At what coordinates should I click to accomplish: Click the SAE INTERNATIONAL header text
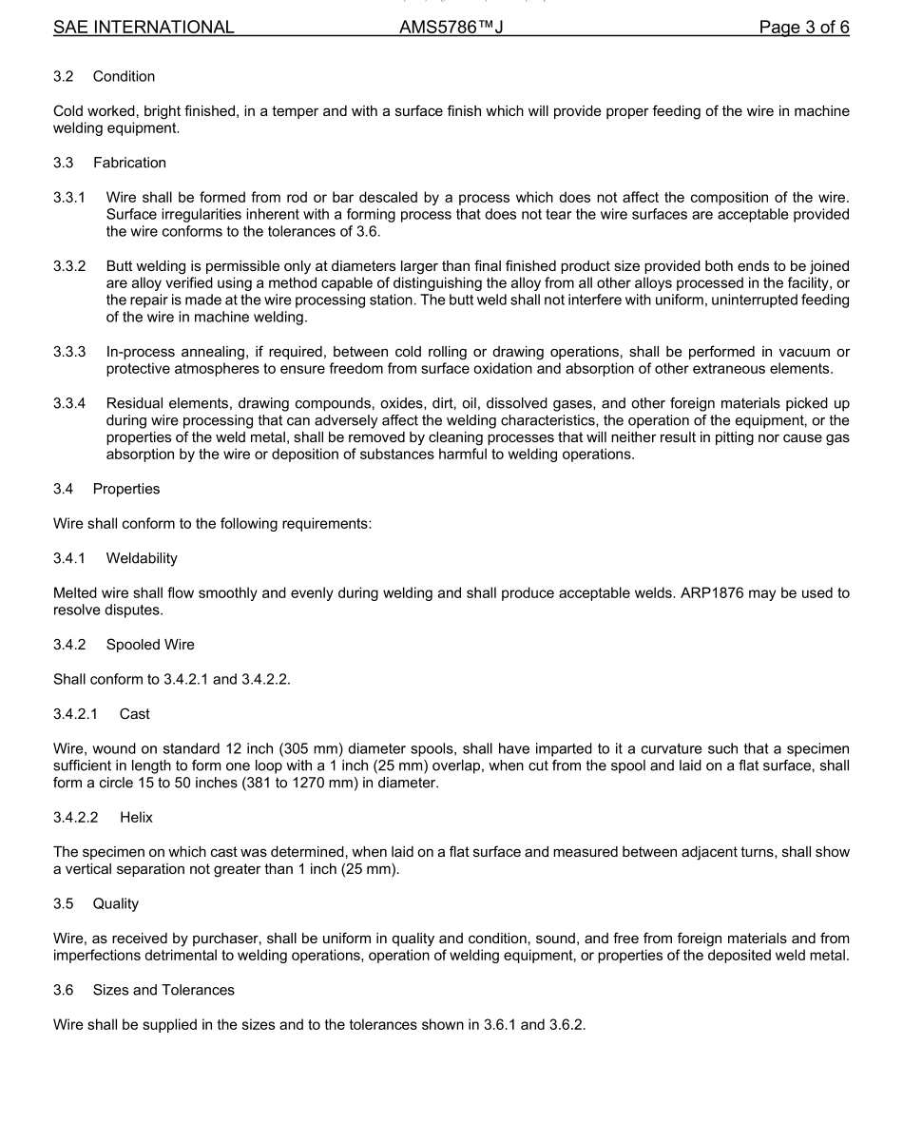[x=144, y=28]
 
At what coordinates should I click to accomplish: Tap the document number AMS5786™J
[x=451, y=28]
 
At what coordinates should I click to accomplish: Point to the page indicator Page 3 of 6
[x=803, y=28]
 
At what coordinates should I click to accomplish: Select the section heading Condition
[x=124, y=76]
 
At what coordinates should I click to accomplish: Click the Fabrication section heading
[x=129, y=163]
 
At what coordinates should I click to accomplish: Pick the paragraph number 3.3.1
[x=69, y=198]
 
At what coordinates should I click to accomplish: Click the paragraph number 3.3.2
[x=69, y=266]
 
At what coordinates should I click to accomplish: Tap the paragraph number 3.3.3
[x=69, y=353]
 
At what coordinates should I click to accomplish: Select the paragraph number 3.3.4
[x=69, y=404]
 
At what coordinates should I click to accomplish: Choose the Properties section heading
[x=126, y=489]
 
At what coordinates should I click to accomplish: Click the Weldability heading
[x=142, y=558]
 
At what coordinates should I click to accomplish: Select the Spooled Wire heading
[x=150, y=645]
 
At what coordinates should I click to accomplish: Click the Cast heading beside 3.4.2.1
[x=135, y=714]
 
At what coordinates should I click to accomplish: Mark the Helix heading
[x=136, y=817]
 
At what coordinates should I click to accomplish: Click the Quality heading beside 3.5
[x=116, y=903]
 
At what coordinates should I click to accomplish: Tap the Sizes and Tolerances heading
[x=163, y=990]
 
